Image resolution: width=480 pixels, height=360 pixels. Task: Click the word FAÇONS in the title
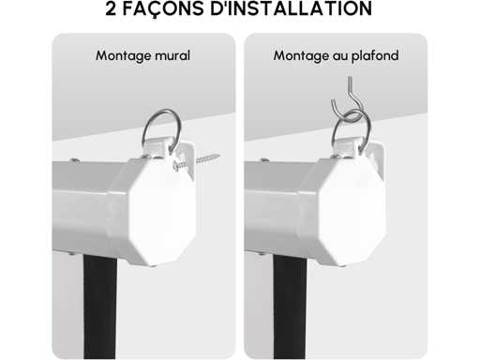click(163, 9)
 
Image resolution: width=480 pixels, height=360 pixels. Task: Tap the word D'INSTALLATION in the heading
click(291, 8)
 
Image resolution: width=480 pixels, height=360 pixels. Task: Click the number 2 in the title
click(111, 8)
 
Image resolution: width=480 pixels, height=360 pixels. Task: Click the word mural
click(172, 55)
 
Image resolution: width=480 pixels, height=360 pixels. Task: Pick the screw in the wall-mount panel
click(196, 161)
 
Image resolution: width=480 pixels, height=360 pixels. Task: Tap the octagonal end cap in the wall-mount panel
click(161, 211)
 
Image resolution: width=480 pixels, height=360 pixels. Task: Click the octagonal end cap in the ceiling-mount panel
click(352, 212)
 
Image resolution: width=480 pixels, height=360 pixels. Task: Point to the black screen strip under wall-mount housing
click(100, 307)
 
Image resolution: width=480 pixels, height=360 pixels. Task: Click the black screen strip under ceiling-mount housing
click(290, 307)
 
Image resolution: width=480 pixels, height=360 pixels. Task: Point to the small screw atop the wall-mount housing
click(75, 160)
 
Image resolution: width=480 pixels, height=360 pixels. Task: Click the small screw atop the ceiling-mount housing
click(265, 160)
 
